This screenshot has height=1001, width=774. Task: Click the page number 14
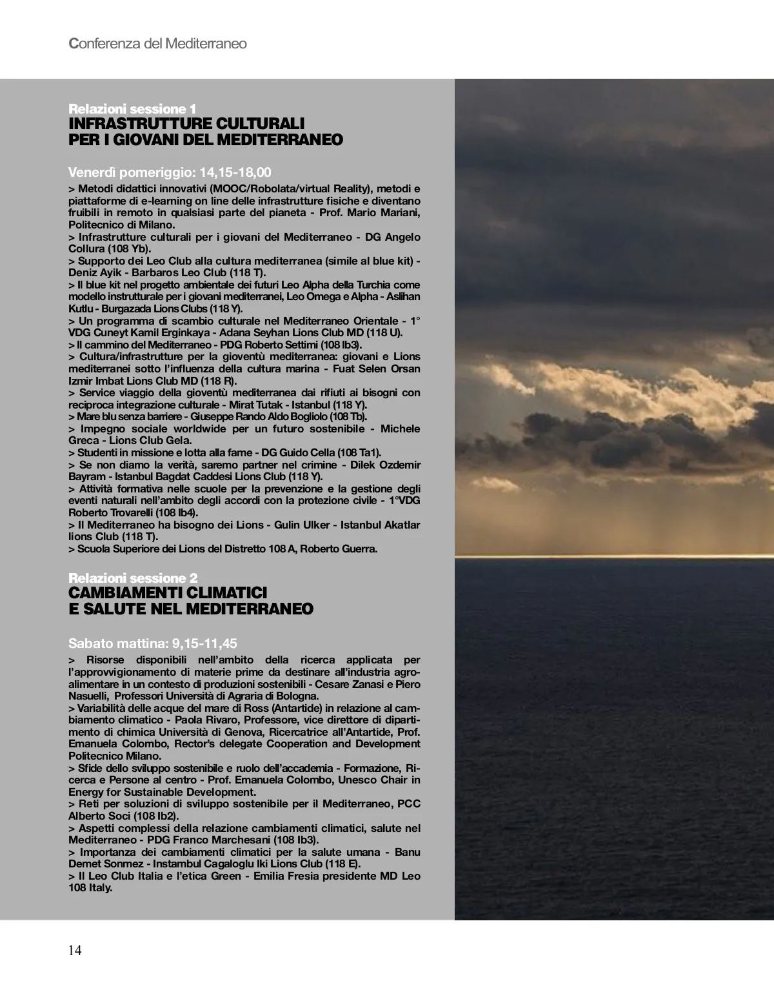(75, 950)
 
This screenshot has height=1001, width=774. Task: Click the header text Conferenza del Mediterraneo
(157, 44)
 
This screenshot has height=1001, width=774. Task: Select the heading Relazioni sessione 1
(132, 108)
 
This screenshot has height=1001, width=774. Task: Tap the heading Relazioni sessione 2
(133, 578)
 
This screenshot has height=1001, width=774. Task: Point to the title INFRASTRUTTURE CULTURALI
(186, 123)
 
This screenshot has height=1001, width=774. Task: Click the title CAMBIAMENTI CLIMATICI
(168, 592)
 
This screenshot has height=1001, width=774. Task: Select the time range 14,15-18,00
(235, 172)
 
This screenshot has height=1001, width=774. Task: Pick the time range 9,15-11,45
(204, 643)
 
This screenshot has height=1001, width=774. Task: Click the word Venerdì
(92, 172)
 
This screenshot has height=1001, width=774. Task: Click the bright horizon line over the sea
(613, 556)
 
